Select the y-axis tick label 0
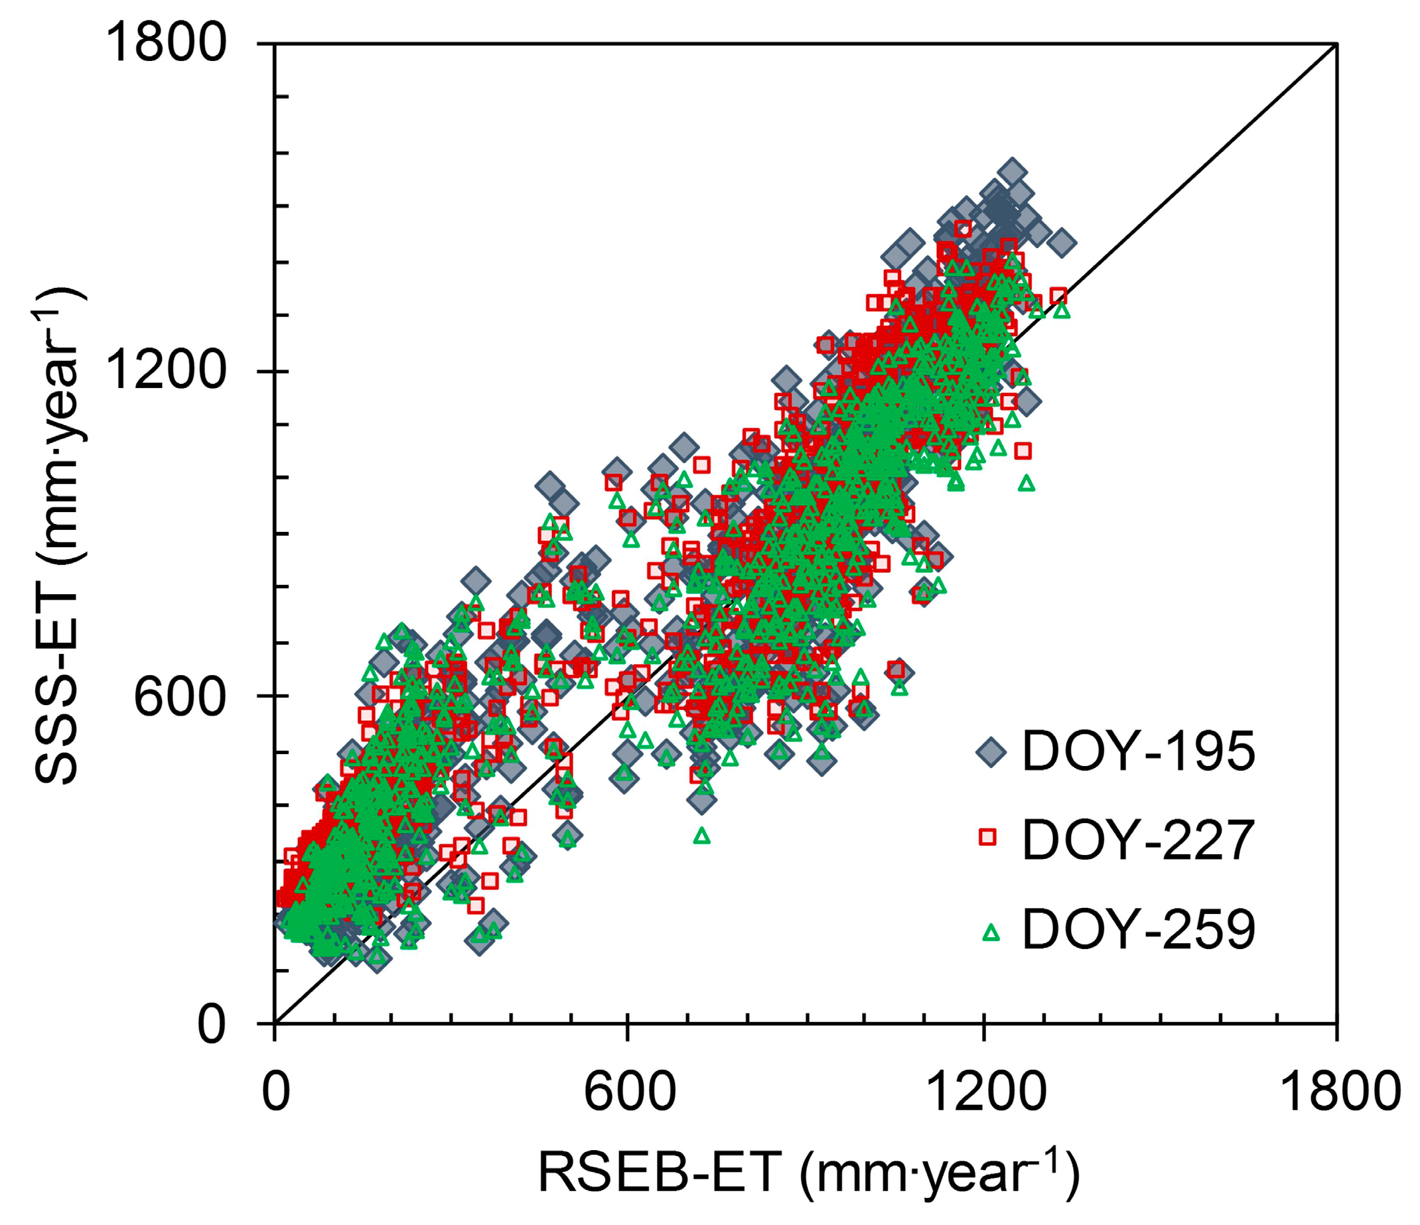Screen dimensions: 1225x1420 211,1025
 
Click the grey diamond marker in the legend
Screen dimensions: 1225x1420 990,752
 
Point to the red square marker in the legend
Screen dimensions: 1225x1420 987,836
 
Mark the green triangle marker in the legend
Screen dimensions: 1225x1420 990,932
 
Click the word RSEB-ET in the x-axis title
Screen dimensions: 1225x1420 660,1173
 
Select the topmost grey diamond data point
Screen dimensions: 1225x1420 1012,172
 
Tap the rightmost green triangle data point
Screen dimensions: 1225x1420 1062,310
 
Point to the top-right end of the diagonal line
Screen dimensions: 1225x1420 1336,45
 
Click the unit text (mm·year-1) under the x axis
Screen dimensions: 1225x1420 939,1173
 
